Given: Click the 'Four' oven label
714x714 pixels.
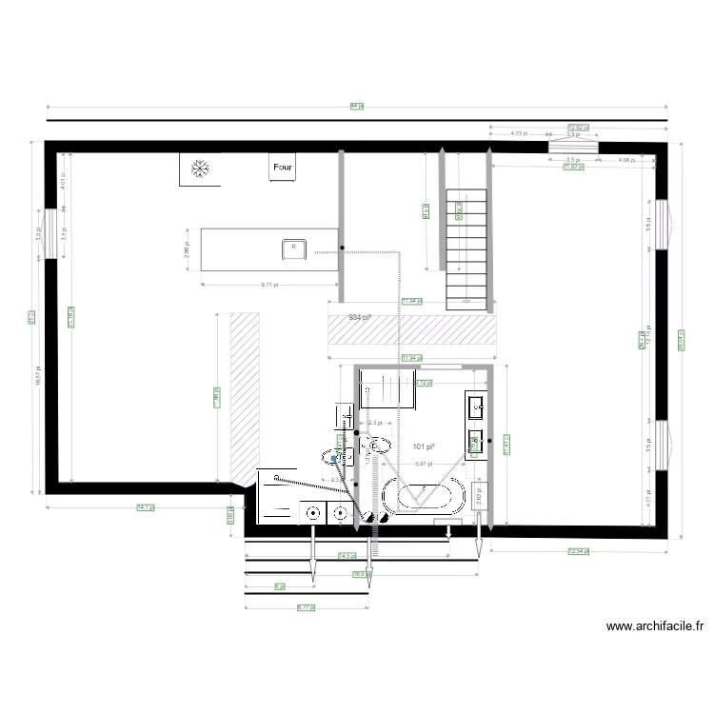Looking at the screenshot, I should tap(283, 168).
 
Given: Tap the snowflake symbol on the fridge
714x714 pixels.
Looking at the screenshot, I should tap(200, 169).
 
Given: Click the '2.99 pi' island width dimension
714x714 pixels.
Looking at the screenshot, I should tap(187, 249).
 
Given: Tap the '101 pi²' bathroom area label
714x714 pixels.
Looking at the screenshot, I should tap(424, 446).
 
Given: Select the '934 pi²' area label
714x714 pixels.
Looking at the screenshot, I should tap(359, 317).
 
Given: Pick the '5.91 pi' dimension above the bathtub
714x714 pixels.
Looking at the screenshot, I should tap(424, 464).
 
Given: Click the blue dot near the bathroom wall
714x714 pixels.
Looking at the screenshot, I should tap(332, 458).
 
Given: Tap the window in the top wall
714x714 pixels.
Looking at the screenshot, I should tap(573, 147).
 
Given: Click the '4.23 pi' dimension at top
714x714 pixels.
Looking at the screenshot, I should tap(519, 134).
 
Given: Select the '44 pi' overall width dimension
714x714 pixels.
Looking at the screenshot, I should tap(356, 107).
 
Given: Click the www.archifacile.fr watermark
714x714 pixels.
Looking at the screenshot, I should tap(655, 626).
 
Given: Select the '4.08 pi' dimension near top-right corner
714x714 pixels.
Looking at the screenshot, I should tap(625, 160).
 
